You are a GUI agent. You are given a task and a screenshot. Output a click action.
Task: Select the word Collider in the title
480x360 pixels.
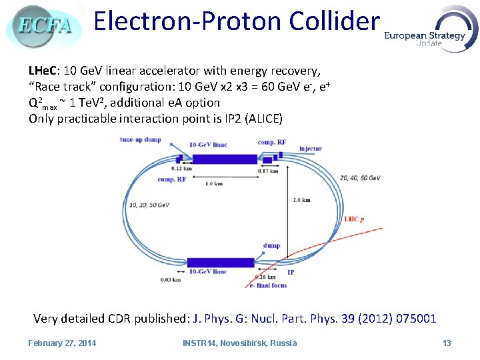click(x=333, y=21)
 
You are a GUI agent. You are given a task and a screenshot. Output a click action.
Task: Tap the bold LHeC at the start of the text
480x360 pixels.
click(x=43, y=71)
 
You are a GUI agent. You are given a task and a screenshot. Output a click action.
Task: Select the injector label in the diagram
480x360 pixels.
click(x=311, y=149)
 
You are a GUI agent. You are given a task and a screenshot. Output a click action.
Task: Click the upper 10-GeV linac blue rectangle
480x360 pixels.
click(x=225, y=159)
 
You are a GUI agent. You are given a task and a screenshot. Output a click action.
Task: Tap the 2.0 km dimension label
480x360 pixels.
click(x=301, y=199)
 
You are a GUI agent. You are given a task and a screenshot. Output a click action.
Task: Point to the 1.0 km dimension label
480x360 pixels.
click(x=214, y=183)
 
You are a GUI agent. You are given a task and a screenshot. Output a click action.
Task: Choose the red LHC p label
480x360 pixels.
click(x=353, y=219)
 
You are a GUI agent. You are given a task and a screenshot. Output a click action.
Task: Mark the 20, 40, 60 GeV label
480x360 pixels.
click(x=360, y=178)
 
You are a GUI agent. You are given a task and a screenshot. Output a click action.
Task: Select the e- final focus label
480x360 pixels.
click(x=268, y=285)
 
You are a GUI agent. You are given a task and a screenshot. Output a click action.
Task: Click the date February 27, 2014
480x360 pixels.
click(x=62, y=343)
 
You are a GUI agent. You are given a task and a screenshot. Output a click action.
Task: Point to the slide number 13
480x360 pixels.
click(x=447, y=343)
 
